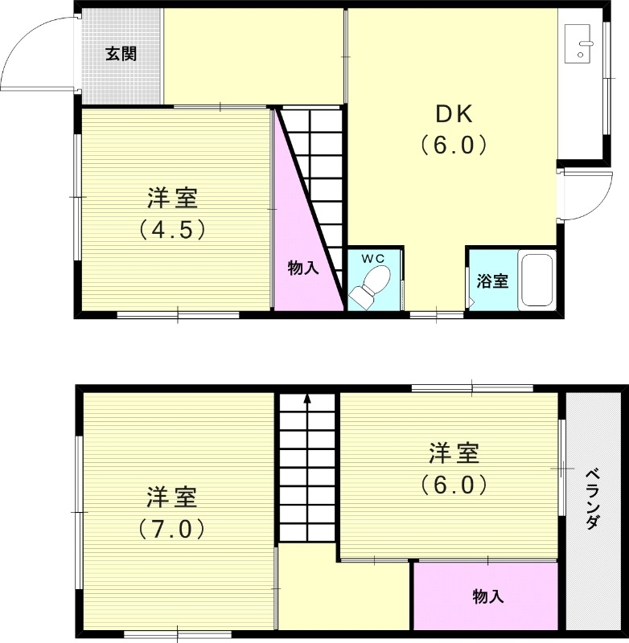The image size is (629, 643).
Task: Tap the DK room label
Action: pos(454,113)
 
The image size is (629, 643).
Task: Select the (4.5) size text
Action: pos(173,230)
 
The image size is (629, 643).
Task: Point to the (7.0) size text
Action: pos(172,530)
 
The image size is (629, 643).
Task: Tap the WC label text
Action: pos(372,258)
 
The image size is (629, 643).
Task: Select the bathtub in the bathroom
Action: pos(536,281)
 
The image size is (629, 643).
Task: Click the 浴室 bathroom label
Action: pos(491,281)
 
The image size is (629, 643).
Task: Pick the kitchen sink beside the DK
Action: pos(579,43)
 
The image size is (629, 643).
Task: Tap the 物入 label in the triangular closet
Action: pos(303,268)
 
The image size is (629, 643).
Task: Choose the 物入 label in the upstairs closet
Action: pos(487,596)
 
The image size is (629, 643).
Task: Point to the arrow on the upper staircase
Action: pos(306,399)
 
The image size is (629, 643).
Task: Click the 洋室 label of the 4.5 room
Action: pos(173,198)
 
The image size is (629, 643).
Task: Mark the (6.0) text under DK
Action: pos(454,145)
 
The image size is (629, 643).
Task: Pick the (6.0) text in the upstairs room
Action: pos(454,485)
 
